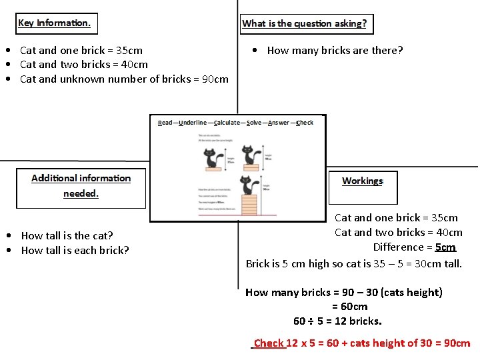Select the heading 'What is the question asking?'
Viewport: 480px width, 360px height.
point(305,24)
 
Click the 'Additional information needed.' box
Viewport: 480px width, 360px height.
point(81,186)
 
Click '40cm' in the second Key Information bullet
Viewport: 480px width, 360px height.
point(135,65)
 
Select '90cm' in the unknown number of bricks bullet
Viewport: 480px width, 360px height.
point(215,79)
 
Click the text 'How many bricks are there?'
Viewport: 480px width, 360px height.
point(335,51)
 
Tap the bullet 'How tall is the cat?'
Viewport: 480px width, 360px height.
point(67,235)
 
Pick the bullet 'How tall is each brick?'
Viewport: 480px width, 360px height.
point(75,250)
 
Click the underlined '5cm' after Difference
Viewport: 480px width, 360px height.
point(445,247)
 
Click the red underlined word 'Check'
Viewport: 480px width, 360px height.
point(269,343)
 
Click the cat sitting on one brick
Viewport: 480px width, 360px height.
point(212,158)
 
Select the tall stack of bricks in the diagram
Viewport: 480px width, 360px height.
point(249,205)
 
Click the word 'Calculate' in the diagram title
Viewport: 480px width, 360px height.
point(228,123)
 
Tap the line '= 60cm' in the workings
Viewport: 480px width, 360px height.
point(350,307)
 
